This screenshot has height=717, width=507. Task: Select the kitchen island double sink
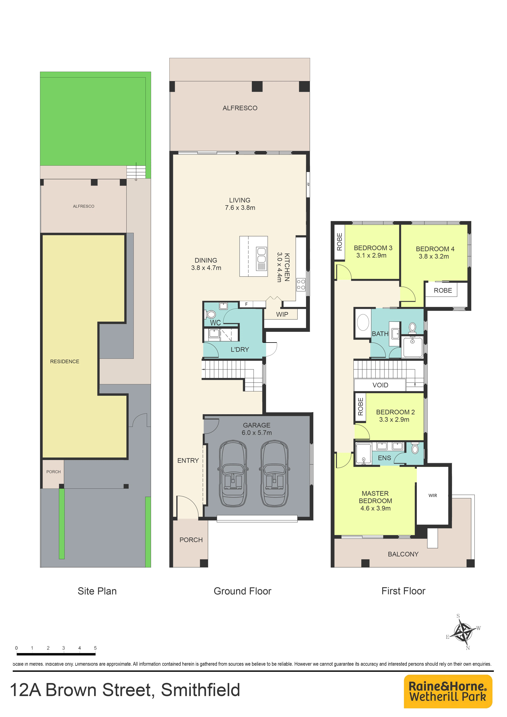point(261,259)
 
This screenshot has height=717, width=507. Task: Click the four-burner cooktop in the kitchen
point(301,284)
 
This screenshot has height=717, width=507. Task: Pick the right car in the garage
point(274,473)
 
